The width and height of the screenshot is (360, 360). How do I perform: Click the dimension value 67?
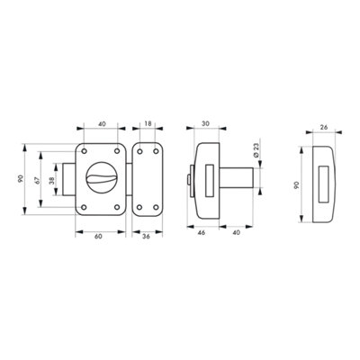pyautogui.click(x=37, y=180)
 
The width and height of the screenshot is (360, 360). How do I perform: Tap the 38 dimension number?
pyautogui.click(x=52, y=180)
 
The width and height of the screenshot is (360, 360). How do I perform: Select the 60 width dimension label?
pyautogui.click(x=98, y=237)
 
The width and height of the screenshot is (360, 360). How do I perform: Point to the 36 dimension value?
pyautogui.click(x=146, y=237)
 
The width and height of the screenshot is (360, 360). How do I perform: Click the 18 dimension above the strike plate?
pyautogui.click(x=148, y=123)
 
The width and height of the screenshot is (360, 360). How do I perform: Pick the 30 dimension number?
pyautogui.click(x=205, y=123)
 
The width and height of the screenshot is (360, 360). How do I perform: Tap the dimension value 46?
pyautogui.click(x=202, y=232)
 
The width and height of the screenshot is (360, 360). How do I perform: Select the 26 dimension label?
pyautogui.click(x=323, y=127)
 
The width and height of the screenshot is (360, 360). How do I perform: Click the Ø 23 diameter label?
pyautogui.click(x=256, y=150)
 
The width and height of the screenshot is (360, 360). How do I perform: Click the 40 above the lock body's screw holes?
pyautogui.click(x=103, y=123)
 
